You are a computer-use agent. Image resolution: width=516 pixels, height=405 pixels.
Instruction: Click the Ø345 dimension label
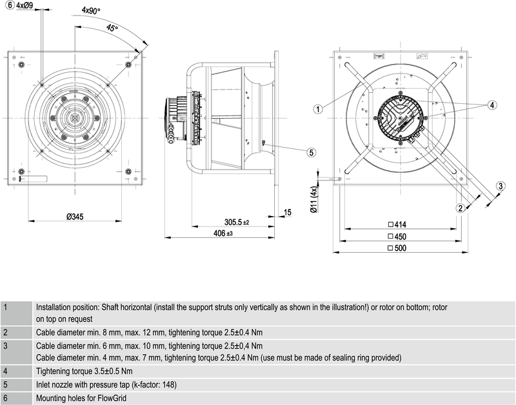coord(75,217)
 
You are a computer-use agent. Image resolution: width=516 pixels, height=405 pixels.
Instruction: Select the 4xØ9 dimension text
coord(25,5)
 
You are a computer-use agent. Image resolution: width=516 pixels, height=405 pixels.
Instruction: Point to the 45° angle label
coord(112,28)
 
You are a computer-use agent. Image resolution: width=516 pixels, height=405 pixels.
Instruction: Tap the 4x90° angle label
coord(91,10)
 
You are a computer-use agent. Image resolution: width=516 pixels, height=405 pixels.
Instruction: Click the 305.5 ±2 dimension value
coord(237,222)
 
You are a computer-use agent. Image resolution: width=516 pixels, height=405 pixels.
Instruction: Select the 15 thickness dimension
coord(287,213)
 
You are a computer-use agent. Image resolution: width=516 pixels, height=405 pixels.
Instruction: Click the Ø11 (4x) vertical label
coord(314,199)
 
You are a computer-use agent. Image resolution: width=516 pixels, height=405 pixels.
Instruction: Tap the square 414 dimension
coord(397,224)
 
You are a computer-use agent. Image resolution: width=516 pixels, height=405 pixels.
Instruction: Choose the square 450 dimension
coord(397,237)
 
